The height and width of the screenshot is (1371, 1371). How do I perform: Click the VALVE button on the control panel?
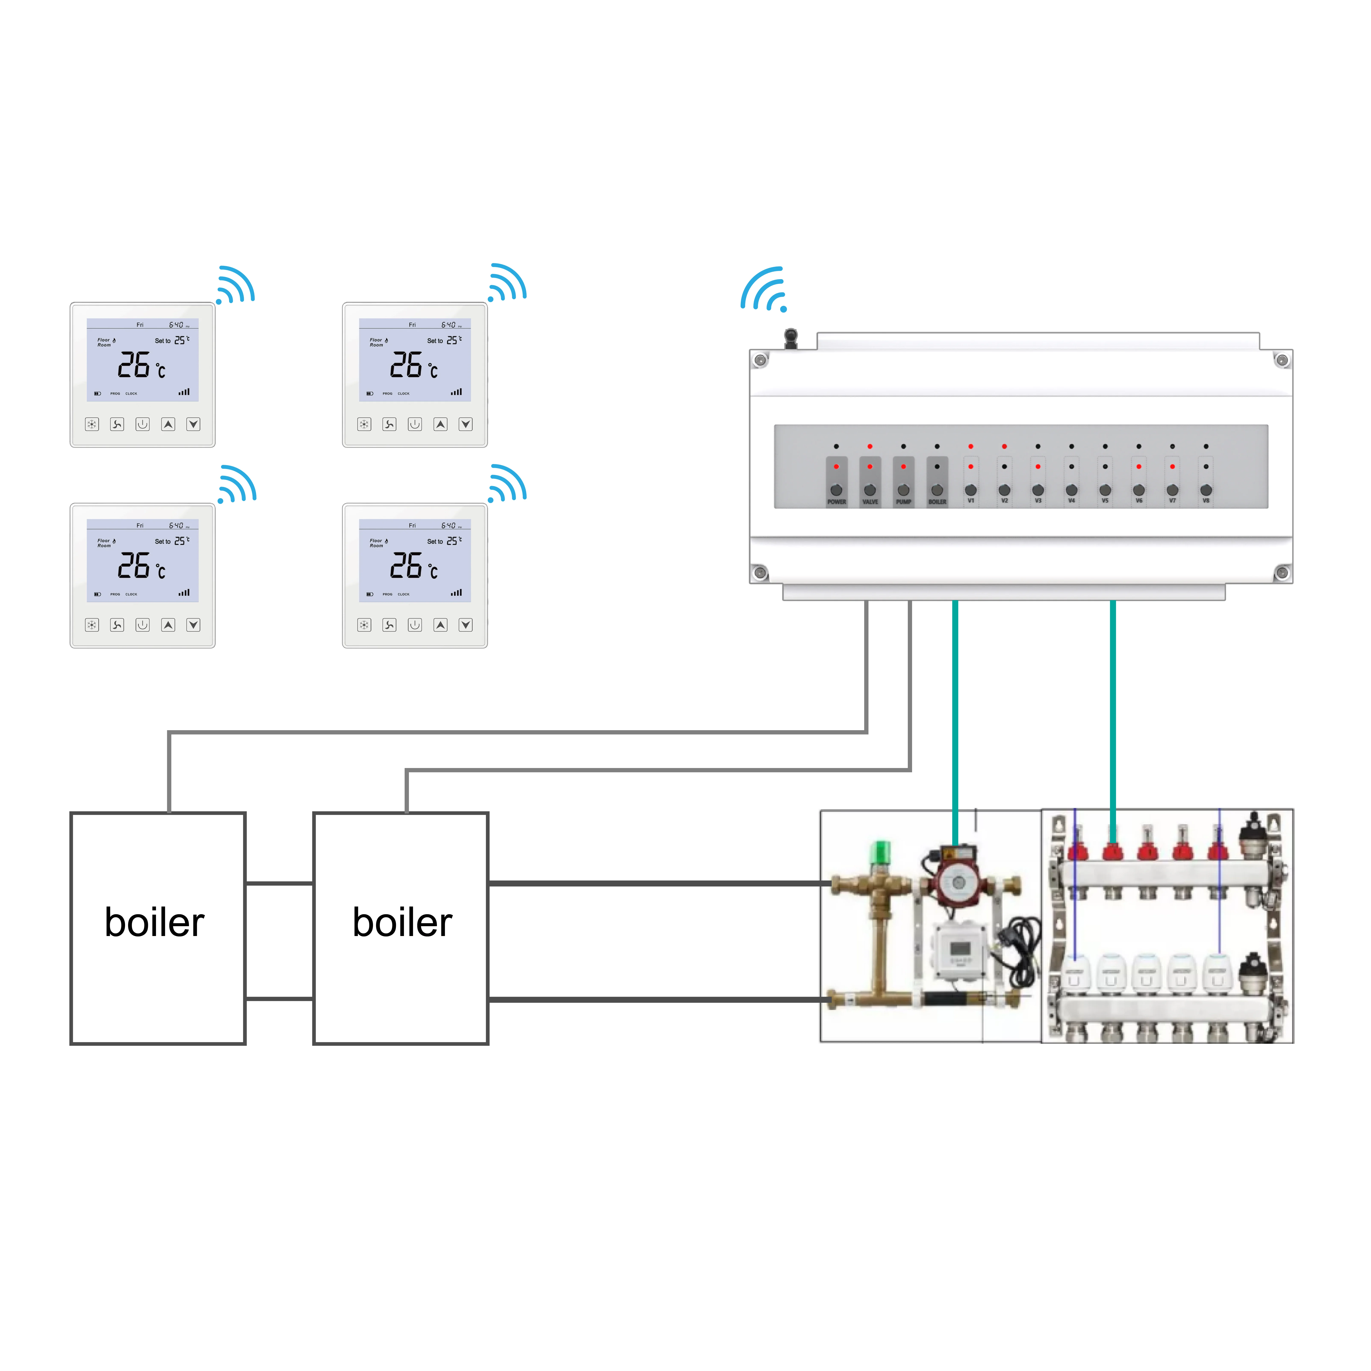[x=870, y=490]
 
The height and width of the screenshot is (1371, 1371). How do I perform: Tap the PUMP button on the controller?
[x=903, y=490]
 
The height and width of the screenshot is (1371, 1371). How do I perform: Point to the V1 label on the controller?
[x=971, y=501]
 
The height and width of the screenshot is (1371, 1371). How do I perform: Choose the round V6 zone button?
[x=1139, y=490]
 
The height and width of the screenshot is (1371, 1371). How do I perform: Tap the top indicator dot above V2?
[x=1004, y=446]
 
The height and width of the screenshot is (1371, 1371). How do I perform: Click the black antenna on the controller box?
[x=790, y=338]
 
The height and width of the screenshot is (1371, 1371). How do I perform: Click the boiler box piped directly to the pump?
[x=401, y=928]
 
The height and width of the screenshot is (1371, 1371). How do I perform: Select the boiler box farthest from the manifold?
[x=158, y=928]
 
